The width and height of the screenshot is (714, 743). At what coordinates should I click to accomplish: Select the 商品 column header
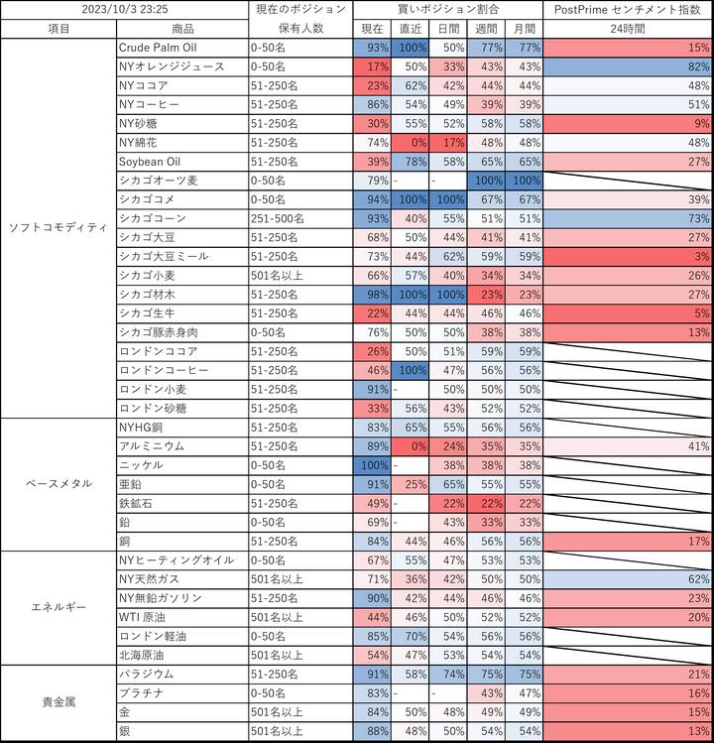[182, 29]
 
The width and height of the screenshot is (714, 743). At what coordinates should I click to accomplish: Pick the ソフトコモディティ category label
[58, 227]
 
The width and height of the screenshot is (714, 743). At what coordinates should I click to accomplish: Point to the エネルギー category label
[58, 608]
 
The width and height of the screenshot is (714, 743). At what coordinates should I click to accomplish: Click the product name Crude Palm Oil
[163, 48]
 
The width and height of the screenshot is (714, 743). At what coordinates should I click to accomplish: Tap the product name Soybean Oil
[149, 161]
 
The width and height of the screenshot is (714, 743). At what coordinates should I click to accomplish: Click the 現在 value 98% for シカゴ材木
[372, 294]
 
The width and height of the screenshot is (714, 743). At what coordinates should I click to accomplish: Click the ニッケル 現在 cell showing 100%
[372, 464]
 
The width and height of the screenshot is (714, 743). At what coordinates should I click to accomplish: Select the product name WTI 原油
[150, 616]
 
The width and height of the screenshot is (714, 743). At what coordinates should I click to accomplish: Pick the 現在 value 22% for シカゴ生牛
[372, 312]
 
